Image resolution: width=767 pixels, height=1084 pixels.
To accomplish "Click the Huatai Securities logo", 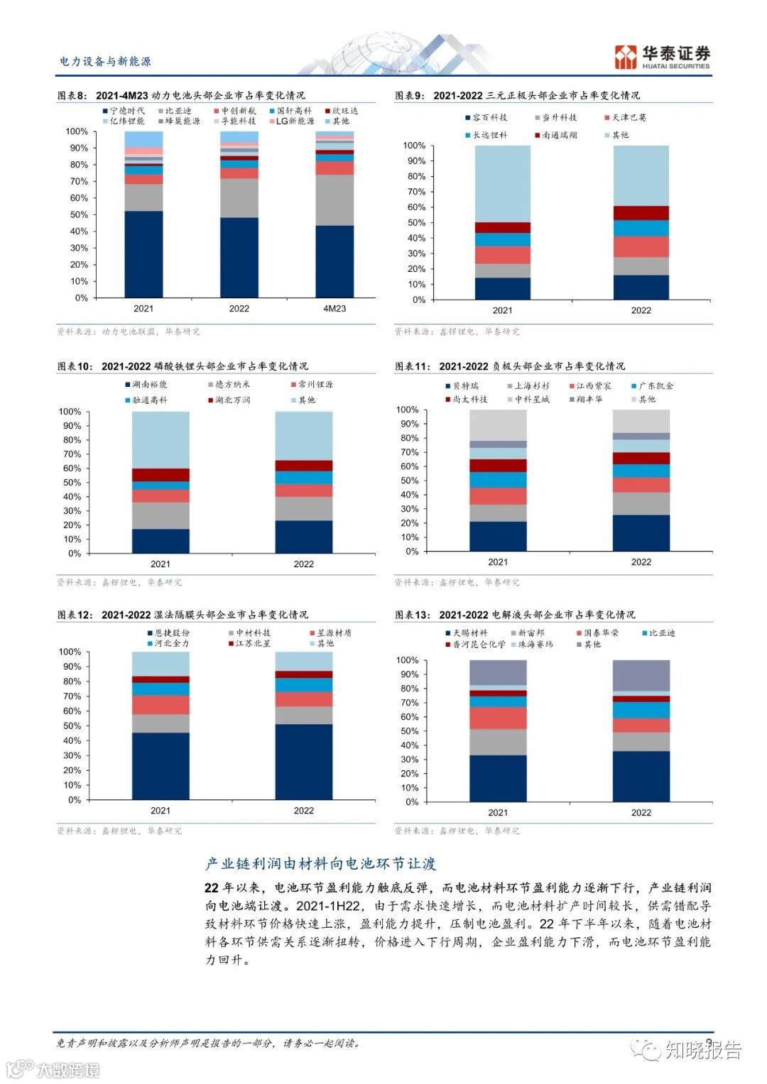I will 662,57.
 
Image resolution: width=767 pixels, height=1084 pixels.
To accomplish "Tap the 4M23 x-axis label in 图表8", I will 334,309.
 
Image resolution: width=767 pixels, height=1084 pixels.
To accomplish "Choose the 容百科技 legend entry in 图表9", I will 486,118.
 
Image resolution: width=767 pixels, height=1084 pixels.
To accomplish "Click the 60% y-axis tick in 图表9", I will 414,207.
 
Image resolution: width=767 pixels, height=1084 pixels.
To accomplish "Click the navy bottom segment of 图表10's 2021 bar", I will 161,540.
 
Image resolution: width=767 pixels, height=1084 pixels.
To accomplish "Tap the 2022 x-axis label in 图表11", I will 641,562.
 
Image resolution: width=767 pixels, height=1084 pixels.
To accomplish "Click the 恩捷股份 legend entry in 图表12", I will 168,633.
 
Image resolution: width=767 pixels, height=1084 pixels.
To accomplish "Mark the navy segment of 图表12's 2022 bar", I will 303,761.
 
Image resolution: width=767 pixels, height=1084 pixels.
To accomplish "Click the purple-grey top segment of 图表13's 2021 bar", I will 498,672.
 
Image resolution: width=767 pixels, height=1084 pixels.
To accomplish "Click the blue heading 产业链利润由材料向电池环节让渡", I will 320,864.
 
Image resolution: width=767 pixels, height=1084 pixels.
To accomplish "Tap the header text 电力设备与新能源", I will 105,62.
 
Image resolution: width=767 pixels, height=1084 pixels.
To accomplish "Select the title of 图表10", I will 183,366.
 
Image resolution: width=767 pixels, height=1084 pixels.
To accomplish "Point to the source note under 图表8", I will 128,332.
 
